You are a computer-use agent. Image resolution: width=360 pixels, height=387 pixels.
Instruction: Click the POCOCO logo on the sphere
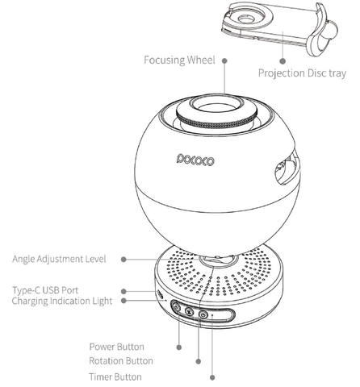pyautogui.click(x=195, y=160)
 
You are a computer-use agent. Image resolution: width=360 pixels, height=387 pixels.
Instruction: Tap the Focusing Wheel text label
pyautogui.click(x=179, y=60)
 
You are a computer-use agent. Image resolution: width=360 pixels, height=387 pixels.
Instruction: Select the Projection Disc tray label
pyautogui.click(x=302, y=73)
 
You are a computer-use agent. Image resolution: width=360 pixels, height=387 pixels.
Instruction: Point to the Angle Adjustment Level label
pyautogui.click(x=59, y=259)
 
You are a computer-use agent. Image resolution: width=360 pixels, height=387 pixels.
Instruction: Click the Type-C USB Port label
pyautogui.click(x=45, y=290)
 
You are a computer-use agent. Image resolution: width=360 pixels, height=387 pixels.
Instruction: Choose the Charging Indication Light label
pyautogui.click(x=62, y=301)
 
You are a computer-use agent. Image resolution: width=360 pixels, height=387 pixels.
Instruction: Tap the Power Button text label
pyautogui.click(x=116, y=347)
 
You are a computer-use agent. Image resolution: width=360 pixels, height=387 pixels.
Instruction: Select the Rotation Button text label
pyautogui.click(x=121, y=360)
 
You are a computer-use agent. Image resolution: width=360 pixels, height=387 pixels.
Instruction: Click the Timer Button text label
pyautogui.click(x=115, y=377)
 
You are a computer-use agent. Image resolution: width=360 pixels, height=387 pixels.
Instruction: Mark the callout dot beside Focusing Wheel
pyautogui.click(x=224, y=60)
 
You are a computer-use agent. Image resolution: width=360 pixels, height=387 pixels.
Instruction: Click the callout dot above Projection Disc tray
pyautogui.click(x=283, y=61)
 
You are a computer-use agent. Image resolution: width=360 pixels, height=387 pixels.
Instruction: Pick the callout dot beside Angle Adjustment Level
pyautogui.click(x=123, y=260)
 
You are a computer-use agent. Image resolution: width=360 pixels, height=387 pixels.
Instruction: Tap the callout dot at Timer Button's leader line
pyautogui.click(x=212, y=377)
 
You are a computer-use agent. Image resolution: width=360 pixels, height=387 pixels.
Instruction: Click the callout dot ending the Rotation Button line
pyautogui.click(x=199, y=361)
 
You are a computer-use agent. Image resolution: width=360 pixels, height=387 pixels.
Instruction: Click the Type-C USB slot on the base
pyautogui.click(x=161, y=294)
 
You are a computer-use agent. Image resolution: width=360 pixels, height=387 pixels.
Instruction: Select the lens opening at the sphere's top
pyautogui.click(x=216, y=104)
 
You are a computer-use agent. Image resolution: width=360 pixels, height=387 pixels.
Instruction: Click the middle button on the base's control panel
pyautogui.click(x=190, y=312)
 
